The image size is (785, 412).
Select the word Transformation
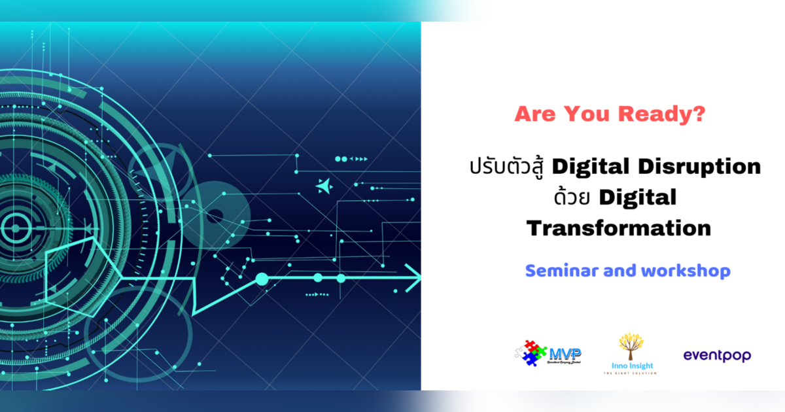click(618, 228)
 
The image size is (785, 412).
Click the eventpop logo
click(717, 356)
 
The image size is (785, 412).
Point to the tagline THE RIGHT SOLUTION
click(629, 373)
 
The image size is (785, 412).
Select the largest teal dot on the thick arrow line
click(262, 279)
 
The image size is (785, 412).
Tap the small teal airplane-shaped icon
click(323, 186)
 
